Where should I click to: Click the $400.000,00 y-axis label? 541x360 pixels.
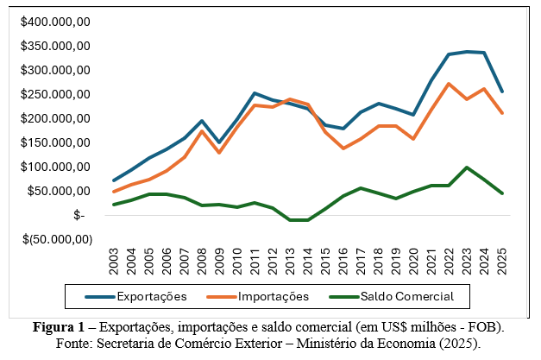pos(56,22)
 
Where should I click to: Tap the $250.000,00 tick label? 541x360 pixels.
pos(56,94)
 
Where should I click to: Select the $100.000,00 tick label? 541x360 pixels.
pos(56,167)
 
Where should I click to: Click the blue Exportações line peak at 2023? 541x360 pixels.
pos(466,52)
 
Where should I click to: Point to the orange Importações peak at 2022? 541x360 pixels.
pos(449,84)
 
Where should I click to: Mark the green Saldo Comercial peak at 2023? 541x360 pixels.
pos(466,167)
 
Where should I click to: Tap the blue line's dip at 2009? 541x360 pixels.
pos(219,142)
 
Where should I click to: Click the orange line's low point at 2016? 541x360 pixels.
pos(343,148)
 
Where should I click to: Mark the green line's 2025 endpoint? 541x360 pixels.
pos(501,193)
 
